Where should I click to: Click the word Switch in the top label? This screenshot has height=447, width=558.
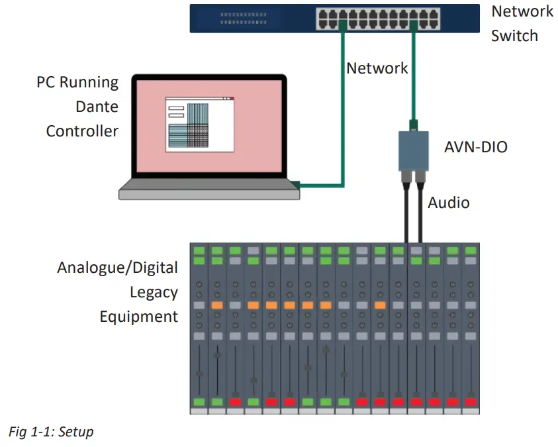(x=514, y=36)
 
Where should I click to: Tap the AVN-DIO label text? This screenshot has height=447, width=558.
(x=475, y=146)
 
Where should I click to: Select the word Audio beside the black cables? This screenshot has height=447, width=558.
(x=448, y=203)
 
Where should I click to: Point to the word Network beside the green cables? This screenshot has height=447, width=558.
(x=377, y=68)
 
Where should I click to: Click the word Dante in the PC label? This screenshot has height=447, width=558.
(x=97, y=107)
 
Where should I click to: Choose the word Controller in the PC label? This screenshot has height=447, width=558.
(x=82, y=130)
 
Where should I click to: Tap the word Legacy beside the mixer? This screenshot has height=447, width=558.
(x=154, y=292)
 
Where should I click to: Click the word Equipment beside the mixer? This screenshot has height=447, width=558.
(x=139, y=317)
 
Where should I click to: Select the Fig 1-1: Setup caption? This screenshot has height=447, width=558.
(x=52, y=432)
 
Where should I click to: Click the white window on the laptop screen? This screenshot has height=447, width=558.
(x=199, y=124)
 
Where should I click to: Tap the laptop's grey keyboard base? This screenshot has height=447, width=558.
(x=209, y=192)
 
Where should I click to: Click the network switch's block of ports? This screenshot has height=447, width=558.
(x=379, y=18)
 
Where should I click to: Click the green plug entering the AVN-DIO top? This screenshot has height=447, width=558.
(x=414, y=124)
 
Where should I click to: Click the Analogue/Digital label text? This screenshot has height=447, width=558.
(x=118, y=268)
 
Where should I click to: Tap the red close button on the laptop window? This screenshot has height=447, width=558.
(x=232, y=99)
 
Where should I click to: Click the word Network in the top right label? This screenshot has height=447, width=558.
(x=522, y=11)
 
